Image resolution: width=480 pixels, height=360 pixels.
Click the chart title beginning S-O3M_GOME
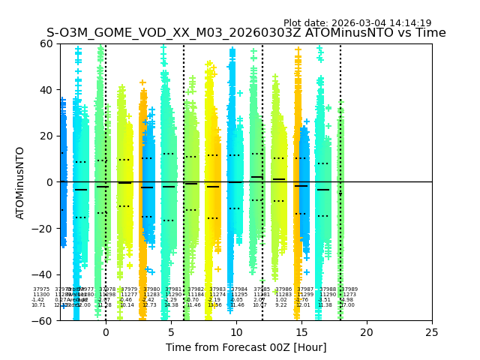click(x=246, y=33)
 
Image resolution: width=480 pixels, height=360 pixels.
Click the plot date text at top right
click(x=357, y=23)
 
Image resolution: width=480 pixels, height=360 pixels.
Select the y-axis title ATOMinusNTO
click(x=20, y=182)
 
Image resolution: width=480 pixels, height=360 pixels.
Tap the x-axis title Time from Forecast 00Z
click(x=246, y=347)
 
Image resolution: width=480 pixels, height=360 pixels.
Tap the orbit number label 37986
click(x=283, y=289)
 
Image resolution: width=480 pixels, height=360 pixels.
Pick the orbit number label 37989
click(x=349, y=289)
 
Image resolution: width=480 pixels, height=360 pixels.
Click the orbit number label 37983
click(x=217, y=289)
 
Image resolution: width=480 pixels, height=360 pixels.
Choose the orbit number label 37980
click(x=151, y=289)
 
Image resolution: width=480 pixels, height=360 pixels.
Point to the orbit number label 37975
click(x=41, y=289)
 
